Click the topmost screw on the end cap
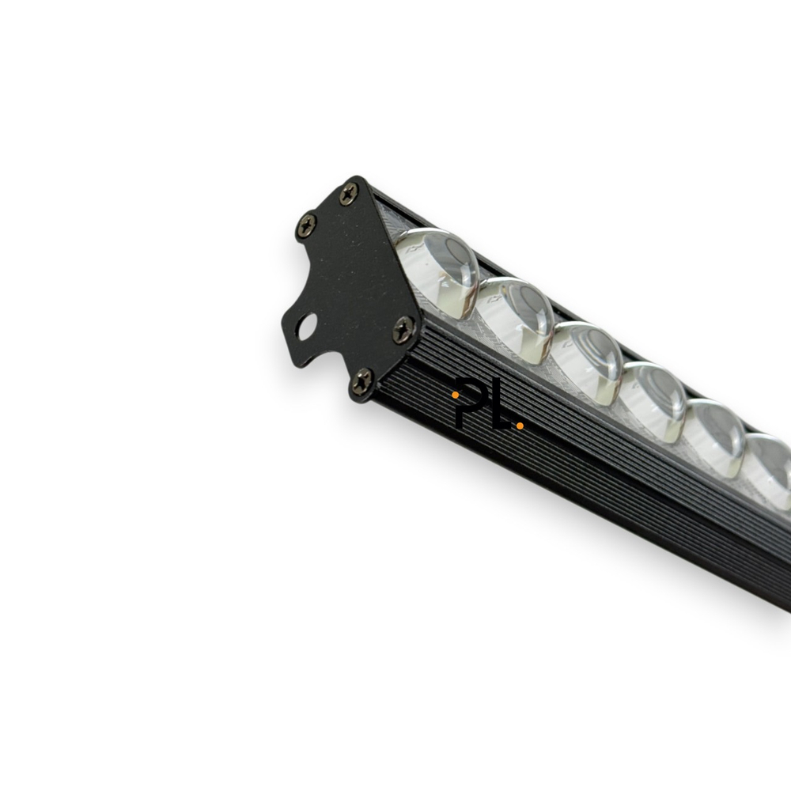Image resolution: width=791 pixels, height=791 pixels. tap(349, 193)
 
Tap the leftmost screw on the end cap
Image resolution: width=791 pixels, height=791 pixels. tap(306, 226)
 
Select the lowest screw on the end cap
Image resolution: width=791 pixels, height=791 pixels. tap(362, 381)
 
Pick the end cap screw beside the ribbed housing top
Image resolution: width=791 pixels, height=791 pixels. tap(403, 329)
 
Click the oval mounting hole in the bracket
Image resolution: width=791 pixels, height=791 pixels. tap(306, 326)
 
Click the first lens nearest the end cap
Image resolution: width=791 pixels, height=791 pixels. tap(438, 271)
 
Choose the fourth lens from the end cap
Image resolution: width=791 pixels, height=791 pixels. tap(653, 399)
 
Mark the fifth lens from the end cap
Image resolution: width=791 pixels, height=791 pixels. tap(715, 436)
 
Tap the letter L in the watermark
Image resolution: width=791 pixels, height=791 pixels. tap(500, 413)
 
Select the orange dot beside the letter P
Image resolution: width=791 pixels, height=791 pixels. tap(456, 394)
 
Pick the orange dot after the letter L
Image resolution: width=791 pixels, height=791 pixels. tap(520, 426)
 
